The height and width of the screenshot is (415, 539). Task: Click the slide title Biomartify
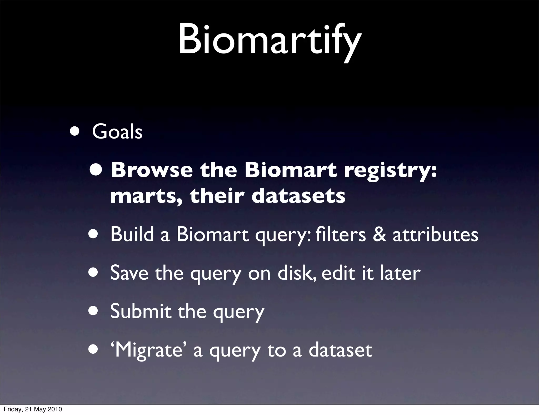(x=269, y=39)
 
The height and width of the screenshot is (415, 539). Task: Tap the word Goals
(x=117, y=132)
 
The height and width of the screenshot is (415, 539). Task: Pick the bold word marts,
(x=146, y=196)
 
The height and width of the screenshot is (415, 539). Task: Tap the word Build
(x=132, y=234)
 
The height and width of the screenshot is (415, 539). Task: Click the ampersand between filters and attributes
(x=379, y=235)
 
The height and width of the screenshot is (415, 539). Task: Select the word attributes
(x=435, y=235)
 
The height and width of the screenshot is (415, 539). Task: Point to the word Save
(x=129, y=273)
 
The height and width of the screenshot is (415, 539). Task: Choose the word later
(x=400, y=273)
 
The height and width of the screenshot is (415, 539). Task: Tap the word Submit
(x=141, y=311)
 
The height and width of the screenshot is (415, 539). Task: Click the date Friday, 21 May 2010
(x=33, y=409)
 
